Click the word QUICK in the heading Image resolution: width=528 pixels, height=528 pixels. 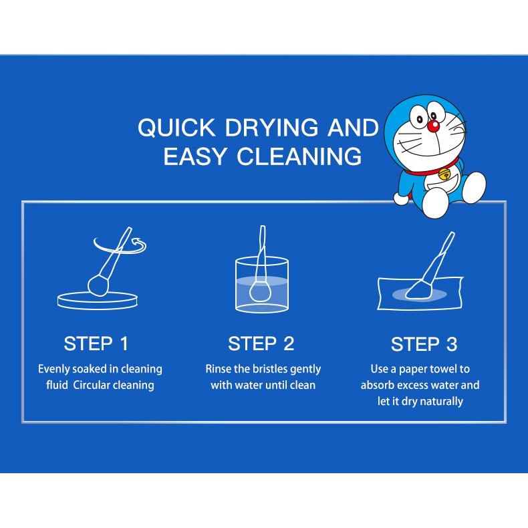pos(176,128)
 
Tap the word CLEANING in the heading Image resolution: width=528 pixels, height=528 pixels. pos(299,156)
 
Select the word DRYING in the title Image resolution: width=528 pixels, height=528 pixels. pos(271,128)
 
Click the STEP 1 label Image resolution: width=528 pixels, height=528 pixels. pos(96,344)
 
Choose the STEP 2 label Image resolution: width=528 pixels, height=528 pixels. pos(261,344)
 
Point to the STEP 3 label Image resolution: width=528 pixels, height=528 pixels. pos(424,344)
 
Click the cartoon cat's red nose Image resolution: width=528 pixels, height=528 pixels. pos(433,126)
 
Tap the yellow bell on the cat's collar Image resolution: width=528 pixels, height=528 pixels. pos(444,174)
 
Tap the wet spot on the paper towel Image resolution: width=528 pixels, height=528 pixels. pos(420,295)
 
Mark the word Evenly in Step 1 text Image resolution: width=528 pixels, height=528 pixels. pos(54,369)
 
